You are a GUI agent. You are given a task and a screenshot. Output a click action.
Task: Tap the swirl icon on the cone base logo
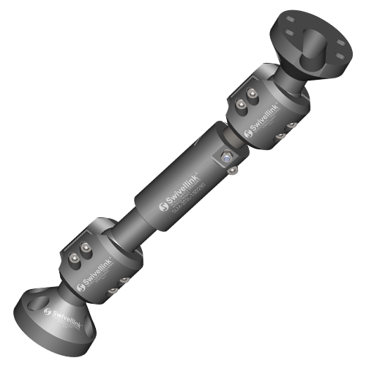click(x=48, y=312)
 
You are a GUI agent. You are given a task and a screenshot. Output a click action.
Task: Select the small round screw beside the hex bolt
click(x=232, y=171)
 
